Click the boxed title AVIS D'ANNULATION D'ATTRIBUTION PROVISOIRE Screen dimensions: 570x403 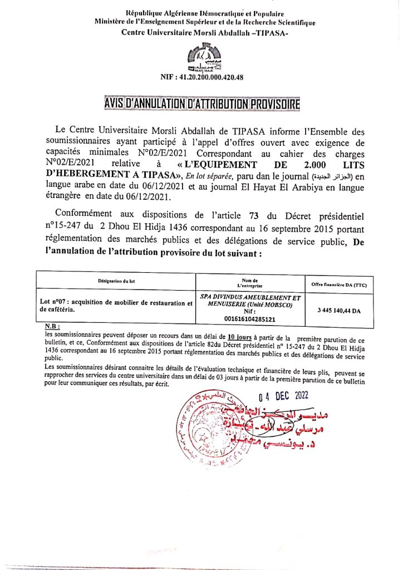click(x=201, y=104)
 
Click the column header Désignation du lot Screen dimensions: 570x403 click(x=116, y=281)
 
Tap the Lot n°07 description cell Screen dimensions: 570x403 click(x=116, y=306)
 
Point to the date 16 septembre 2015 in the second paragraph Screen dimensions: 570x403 click(x=276, y=227)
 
